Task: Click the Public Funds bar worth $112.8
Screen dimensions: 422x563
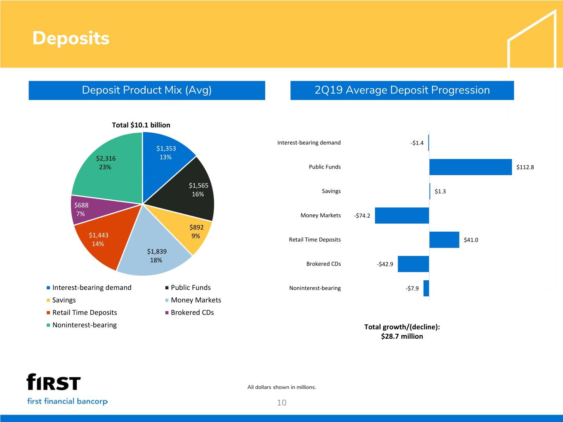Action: pos(470,167)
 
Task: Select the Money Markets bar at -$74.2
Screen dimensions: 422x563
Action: pos(402,216)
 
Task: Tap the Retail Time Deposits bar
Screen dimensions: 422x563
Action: pos(444,240)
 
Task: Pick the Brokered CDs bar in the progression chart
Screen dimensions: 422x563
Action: pos(413,264)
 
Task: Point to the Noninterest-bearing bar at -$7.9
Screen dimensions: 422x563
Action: pos(426,288)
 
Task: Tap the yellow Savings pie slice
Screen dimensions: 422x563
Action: pos(192,231)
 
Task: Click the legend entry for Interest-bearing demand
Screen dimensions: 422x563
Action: pos(92,288)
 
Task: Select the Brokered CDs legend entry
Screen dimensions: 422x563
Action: pos(192,312)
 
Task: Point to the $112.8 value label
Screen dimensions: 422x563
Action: pos(525,167)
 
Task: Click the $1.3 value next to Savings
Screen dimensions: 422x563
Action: pos(440,191)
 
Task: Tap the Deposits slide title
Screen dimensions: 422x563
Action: pos(71,38)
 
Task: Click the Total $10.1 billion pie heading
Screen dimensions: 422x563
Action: pos(141,125)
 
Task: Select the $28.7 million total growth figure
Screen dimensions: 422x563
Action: pos(402,336)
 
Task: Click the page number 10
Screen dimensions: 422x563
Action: pos(282,403)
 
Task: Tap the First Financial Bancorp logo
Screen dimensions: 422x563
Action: pos(67,389)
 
